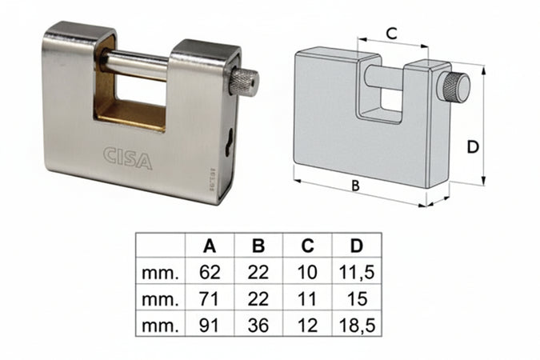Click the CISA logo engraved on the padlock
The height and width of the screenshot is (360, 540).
[127, 158]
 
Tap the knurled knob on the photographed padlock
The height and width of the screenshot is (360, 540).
[243, 83]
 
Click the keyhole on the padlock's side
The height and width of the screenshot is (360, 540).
[228, 143]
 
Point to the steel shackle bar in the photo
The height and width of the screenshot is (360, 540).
[135, 65]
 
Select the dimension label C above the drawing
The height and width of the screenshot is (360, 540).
[392, 34]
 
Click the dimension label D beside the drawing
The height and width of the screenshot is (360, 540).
[473, 147]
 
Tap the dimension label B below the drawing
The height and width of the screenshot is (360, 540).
[355, 186]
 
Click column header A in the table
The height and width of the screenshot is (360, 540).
[210, 246]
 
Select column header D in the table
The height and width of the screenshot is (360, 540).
[357, 246]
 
